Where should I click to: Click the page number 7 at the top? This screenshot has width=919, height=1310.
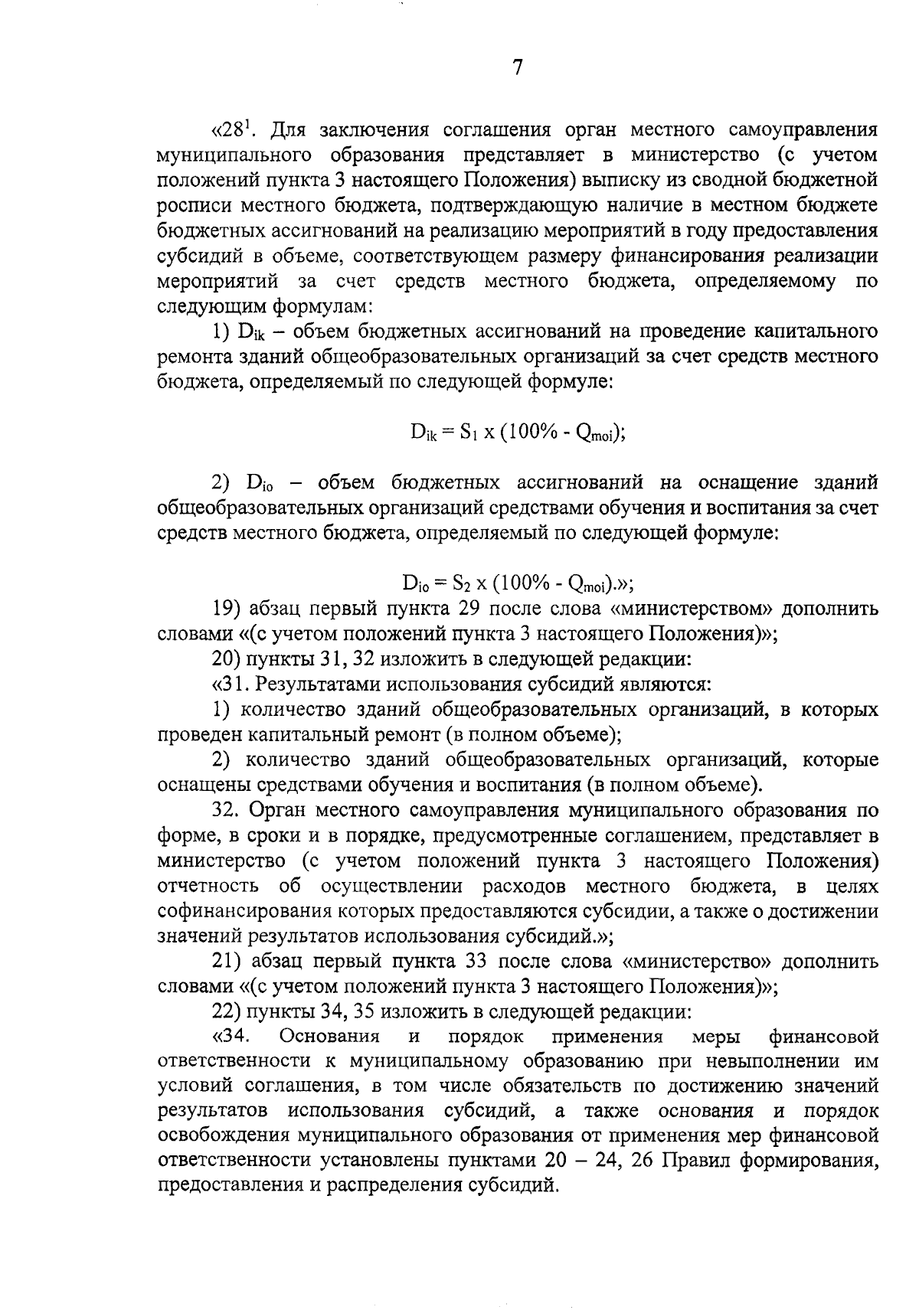pos(517,68)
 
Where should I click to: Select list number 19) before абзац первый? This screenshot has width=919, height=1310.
pos(227,609)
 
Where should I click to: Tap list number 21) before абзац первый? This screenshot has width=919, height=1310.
pos(227,962)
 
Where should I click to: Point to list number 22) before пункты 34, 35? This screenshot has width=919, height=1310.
pos(227,1012)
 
